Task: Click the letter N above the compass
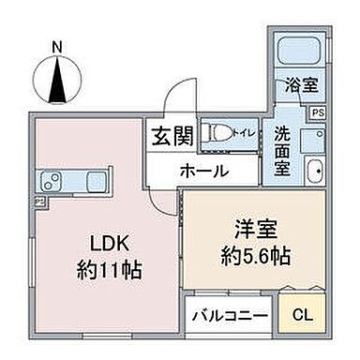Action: [x=57, y=45]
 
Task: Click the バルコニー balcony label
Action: [x=230, y=316]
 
